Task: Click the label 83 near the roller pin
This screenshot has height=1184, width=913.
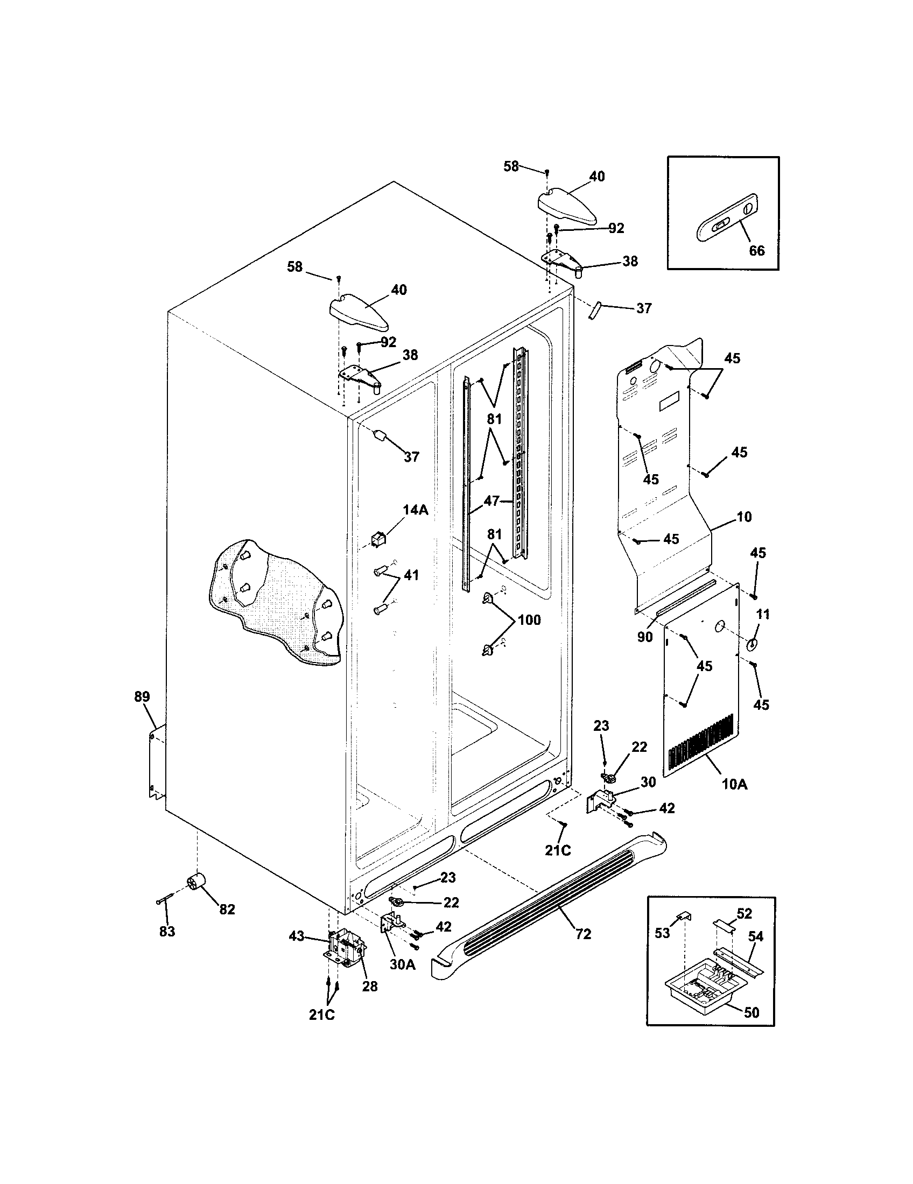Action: click(167, 932)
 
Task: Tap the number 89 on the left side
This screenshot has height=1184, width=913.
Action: click(142, 696)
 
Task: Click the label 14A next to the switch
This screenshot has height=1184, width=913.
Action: click(415, 510)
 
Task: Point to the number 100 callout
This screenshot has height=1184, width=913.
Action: click(529, 619)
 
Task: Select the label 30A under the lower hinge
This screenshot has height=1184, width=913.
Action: click(402, 964)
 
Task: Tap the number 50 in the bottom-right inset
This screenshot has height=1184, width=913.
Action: click(751, 1012)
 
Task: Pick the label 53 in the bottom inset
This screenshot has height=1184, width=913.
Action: click(663, 933)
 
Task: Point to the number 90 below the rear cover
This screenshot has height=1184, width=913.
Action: click(644, 638)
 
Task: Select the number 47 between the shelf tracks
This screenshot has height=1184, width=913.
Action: click(491, 501)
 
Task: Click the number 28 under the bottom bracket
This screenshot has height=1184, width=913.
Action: click(369, 986)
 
